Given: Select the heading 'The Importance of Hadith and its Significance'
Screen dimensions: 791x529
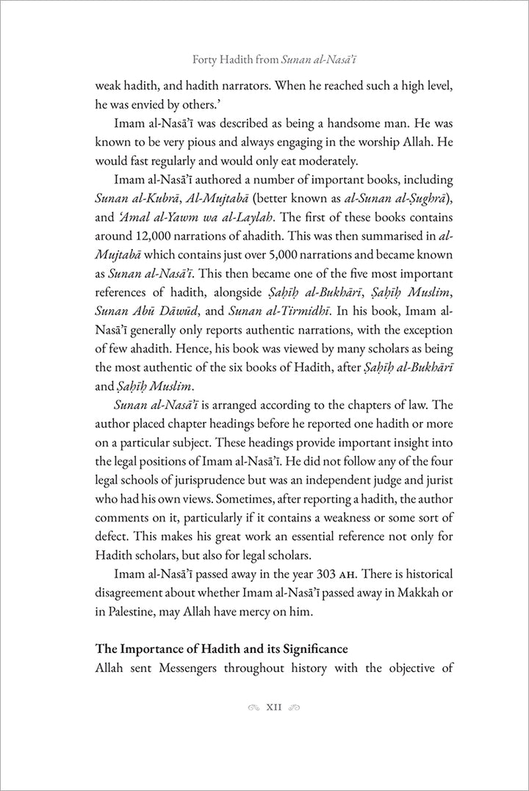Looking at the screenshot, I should pyautogui.click(x=221, y=649).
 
